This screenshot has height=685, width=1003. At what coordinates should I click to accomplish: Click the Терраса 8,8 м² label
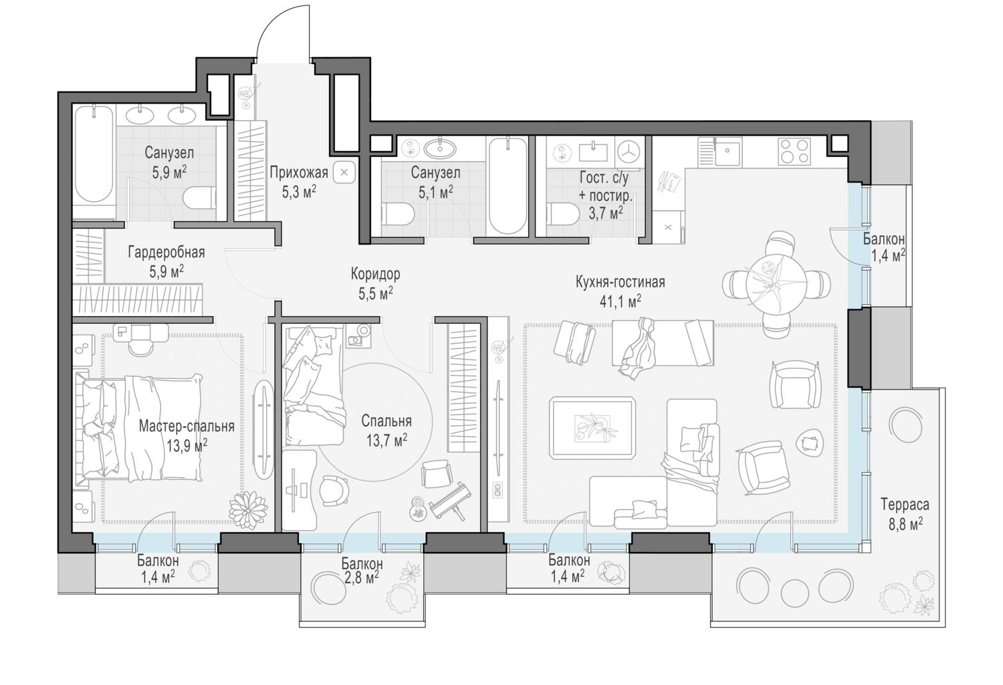tap(905, 514)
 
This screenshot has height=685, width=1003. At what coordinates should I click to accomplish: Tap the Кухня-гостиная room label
tap(620, 282)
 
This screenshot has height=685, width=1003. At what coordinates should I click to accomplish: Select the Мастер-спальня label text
tap(187, 426)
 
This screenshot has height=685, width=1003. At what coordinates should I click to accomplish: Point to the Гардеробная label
tap(166, 253)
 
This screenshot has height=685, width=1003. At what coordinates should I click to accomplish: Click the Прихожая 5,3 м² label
tap(299, 182)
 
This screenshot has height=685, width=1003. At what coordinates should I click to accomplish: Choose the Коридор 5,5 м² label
tap(375, 283)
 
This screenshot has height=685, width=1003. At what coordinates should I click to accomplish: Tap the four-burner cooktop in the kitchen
tap(794, 151)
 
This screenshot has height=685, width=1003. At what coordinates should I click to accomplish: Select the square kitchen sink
tap(728, 151)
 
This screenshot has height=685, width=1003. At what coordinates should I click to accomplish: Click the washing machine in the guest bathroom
tap(630, 151)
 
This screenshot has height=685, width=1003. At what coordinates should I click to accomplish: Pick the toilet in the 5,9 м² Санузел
tap(199, 198)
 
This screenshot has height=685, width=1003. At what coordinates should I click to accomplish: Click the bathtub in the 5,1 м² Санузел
tap(508, 186)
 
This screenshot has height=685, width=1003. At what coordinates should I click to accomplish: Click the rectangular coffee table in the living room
tap(592, 428)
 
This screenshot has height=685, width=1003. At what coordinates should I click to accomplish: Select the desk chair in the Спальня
tap(334, 490)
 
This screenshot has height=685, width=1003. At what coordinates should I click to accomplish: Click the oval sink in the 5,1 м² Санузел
tap(440, 148)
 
